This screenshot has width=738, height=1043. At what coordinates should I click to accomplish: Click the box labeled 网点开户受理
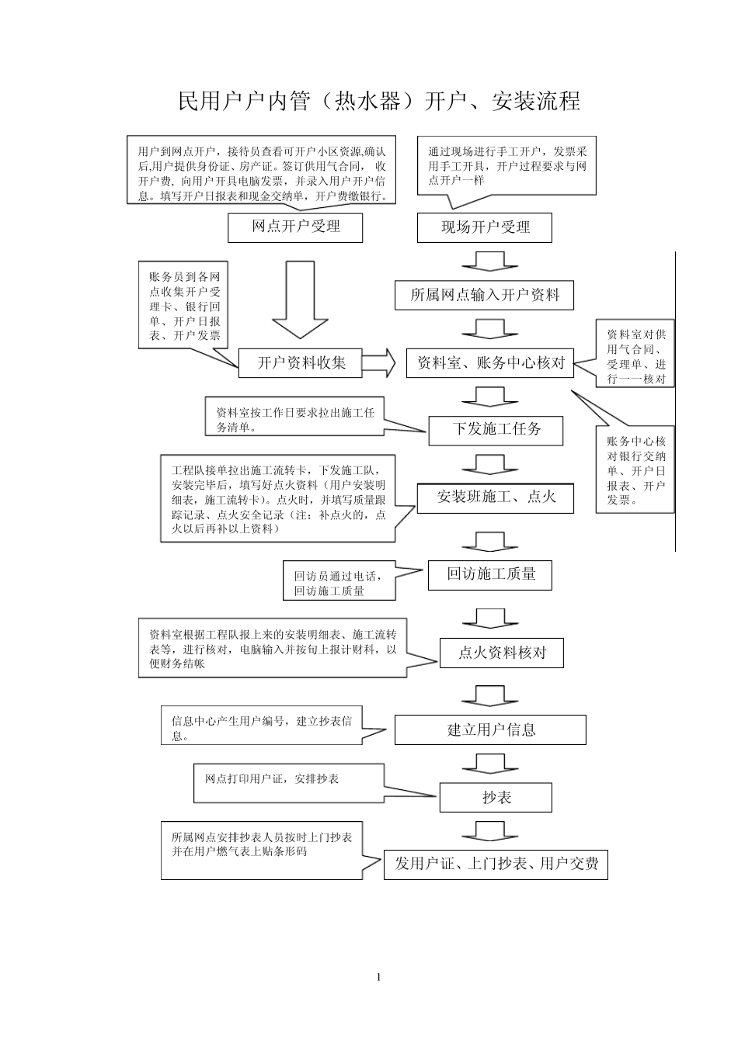pyautogui.click(x=295, y=227)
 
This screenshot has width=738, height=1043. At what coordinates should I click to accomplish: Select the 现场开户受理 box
pyautogui.click(x=485, y=228)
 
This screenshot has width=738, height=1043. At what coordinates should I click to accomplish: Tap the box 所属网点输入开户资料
pyautogui.click(x=484, y=295)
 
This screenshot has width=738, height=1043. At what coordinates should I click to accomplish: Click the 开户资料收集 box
pyautogui.click(x=301, y=362)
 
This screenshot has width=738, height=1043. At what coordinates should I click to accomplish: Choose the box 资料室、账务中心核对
pyautogui.click(x=489, y=362)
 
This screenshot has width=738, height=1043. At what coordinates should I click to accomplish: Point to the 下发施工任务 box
pyautogui.click(x=496, y=429)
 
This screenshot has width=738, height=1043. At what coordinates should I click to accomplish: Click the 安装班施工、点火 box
pyautogui.click(x=496, y=497)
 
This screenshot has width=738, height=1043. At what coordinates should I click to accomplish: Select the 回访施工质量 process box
pyautogui.click(x=491, y=574)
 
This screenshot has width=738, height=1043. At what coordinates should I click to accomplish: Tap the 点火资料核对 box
pyautogui.click(x=501, y=653)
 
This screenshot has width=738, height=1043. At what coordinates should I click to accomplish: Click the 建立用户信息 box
pyautogui.click(x=490, y=729)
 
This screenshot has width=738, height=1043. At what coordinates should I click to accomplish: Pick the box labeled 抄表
pyautogui.click(x=496, y=797)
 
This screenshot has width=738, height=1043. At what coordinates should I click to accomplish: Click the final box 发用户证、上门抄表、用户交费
pyautogui.click(x=496, y=865)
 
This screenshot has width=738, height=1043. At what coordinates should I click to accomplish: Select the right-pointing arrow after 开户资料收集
pyautogui.click(x=379, y=362)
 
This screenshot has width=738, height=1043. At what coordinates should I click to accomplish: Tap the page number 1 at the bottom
pyautogui.click(x=378, y=976)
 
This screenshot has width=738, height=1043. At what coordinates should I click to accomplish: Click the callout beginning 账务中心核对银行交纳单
pyautogui.click(x=635, y=470)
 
